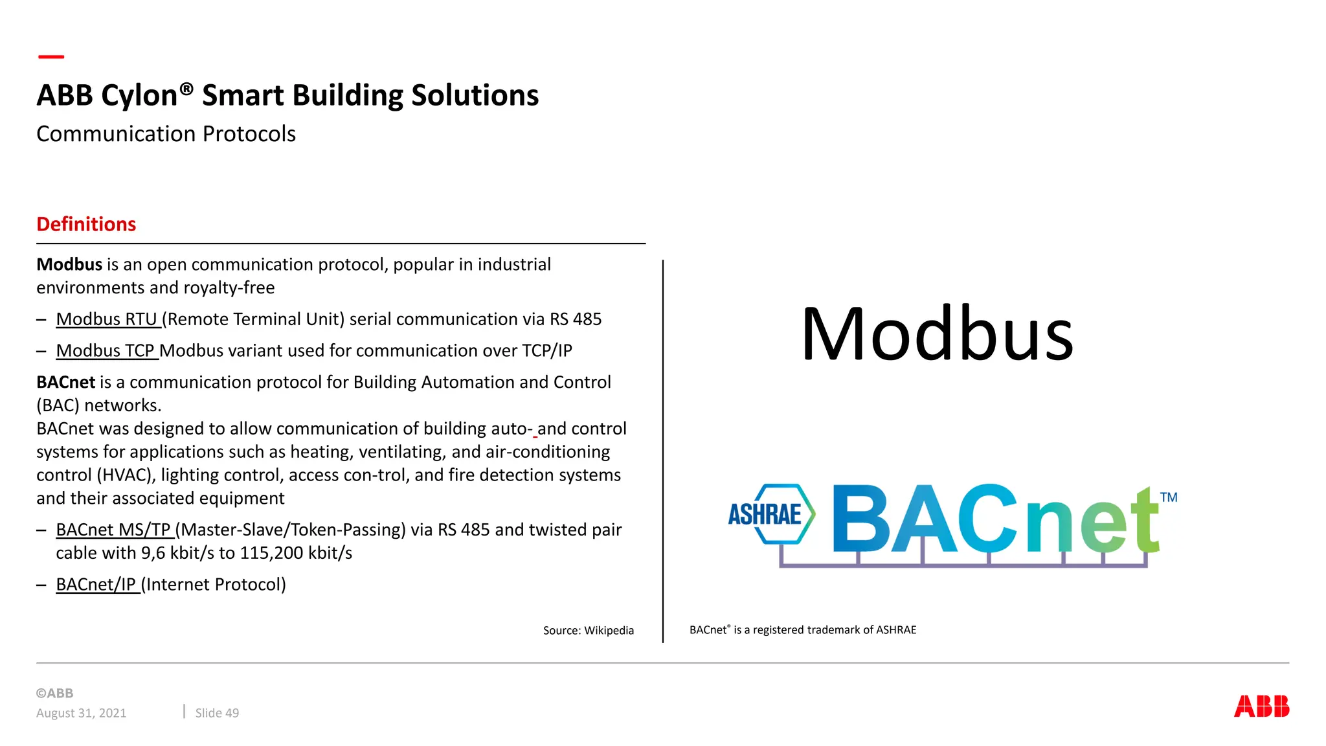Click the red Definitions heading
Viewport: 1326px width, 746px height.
click(86, 224)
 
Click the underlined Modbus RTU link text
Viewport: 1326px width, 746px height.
click(107, 319)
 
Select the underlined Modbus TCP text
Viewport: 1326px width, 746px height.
click(106, 351)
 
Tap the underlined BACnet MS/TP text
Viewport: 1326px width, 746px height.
click(113, 530)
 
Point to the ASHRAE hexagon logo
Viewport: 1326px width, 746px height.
click(770, 514)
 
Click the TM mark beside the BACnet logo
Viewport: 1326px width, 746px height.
click(1168, 497)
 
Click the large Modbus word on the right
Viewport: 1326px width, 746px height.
click(937, 334)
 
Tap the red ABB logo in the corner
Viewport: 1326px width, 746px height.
click(1261, 706)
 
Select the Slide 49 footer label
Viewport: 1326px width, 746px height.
click(217, 713)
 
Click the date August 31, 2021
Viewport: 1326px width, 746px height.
click(82, 713)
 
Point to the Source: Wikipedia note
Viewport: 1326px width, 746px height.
click(588, 631)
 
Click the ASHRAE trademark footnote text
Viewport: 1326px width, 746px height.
click(803, 630)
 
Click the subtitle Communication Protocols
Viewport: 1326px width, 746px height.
click(166, 134)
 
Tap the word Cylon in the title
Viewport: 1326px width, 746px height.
click(139, 96)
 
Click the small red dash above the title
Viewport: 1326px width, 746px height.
click(51, 57)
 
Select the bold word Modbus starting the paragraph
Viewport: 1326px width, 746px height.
click(69, 265)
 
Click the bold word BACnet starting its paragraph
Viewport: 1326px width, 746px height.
click(65, 383)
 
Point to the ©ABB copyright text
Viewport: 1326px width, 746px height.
click(55, 693)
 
